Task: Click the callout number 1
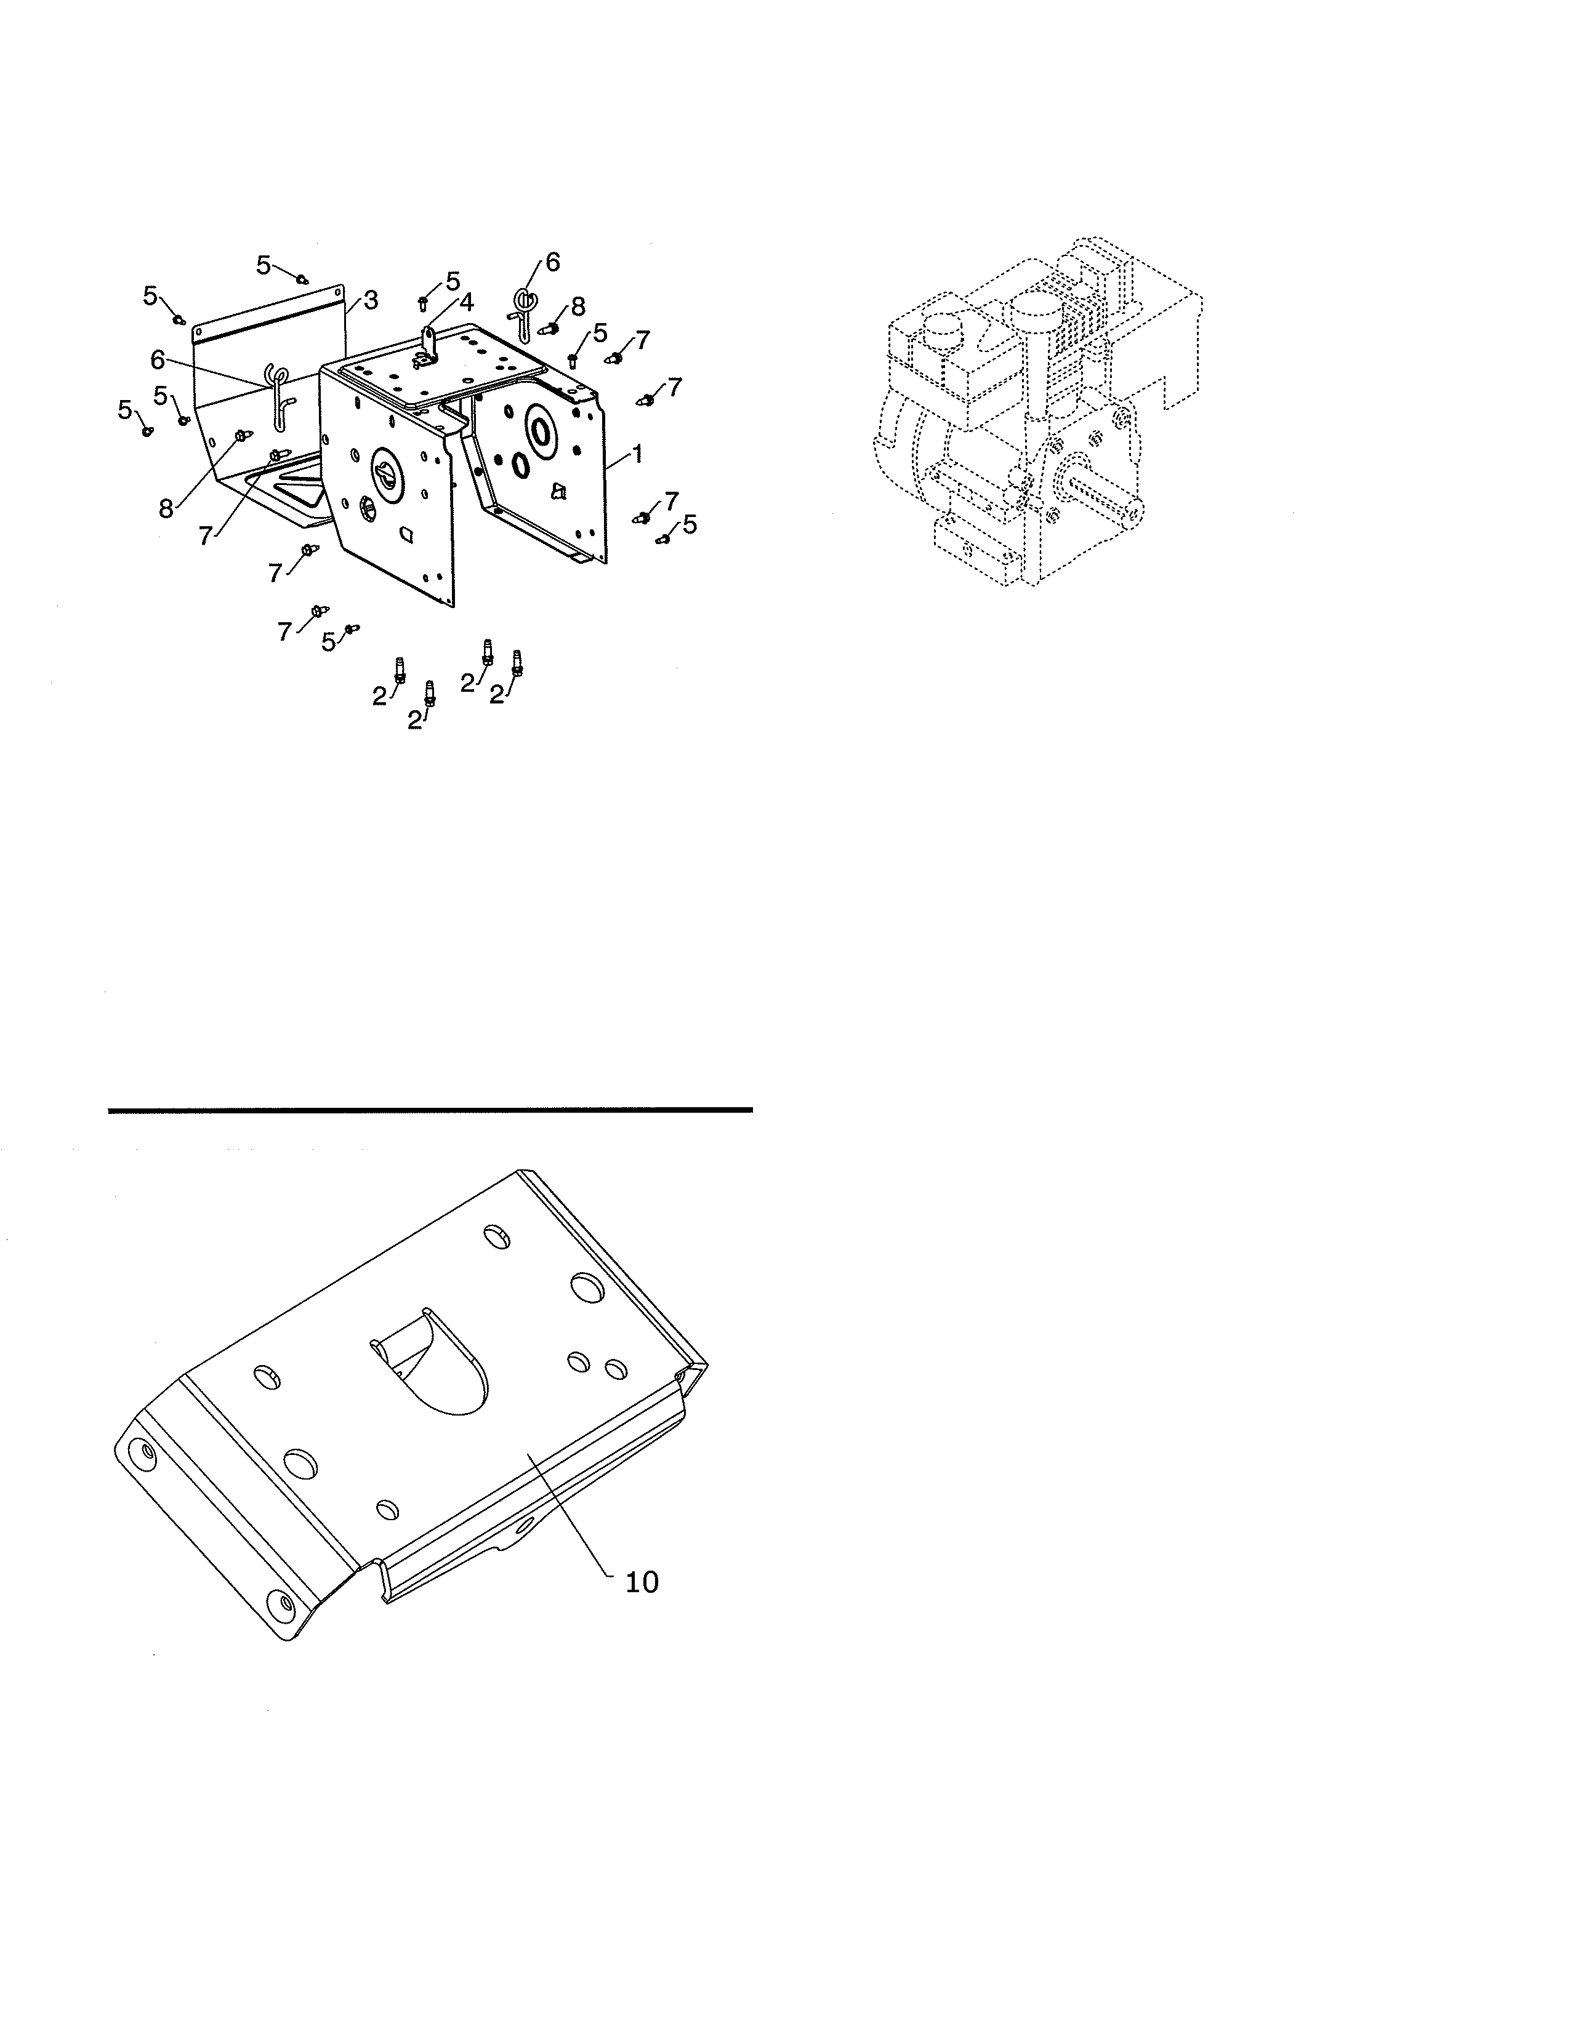[637, 455]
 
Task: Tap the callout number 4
[465, 302]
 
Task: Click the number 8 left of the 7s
[166, 509]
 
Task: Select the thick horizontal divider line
[430, 1110]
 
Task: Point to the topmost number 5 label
[264, 265]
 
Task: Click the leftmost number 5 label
[124, 409]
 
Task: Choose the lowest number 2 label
[415, 720]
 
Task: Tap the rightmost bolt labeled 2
[517, 662]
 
